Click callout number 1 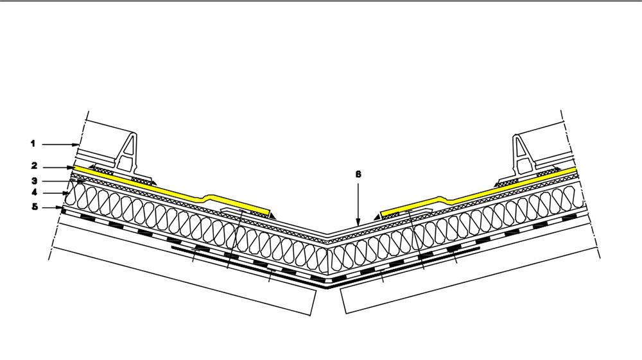(33, 144)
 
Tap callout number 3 (33, 181)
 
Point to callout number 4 (33, 192)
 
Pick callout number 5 (33, 207)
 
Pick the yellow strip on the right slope (501, 190)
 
